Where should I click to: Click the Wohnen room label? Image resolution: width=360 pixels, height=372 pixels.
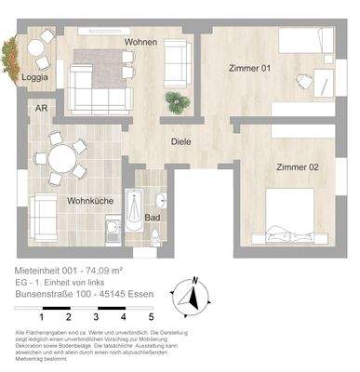point(142,43)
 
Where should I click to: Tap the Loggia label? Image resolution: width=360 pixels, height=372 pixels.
point(36,78)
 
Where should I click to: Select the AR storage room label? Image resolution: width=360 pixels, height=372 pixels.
point(41,108)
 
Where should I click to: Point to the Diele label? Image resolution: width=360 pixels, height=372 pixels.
point(181,141)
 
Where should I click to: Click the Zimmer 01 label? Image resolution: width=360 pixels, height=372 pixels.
point(250,67)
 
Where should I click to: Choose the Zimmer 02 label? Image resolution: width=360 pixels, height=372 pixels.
point(297,166)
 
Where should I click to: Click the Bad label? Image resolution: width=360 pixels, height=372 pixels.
point(152,218)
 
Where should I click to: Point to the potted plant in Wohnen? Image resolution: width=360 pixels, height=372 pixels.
point(173,100)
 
